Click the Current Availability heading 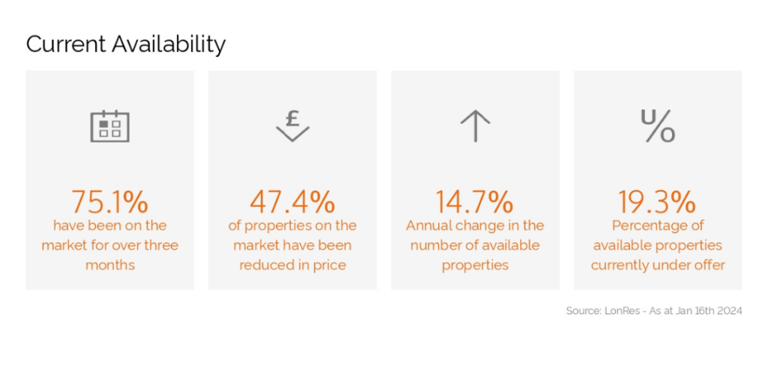pos(126,44)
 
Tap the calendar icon pos(109,126)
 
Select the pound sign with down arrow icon pos(292,126)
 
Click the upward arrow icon pos(475,126)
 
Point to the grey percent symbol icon pos(658,126)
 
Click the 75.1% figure pos(109,202)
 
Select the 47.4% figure pos(292,202)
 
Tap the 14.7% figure pos(475,202)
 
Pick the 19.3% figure pos(657,202)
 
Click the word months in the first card pos(109,265)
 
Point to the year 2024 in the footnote pos(729,311)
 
